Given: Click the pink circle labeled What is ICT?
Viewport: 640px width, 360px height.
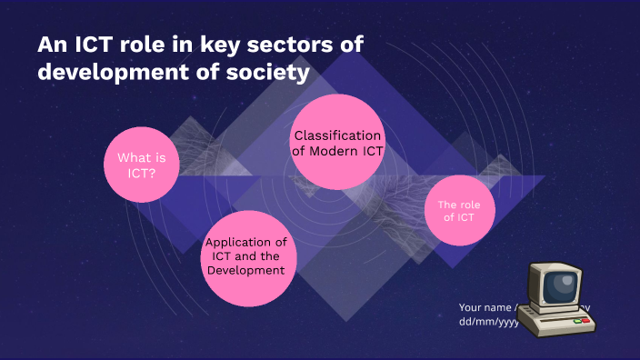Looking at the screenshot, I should (141, 164).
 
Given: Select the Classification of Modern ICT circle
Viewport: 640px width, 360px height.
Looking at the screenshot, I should (337, 144).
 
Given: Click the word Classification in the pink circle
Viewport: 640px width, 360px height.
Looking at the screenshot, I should (337, 135).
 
